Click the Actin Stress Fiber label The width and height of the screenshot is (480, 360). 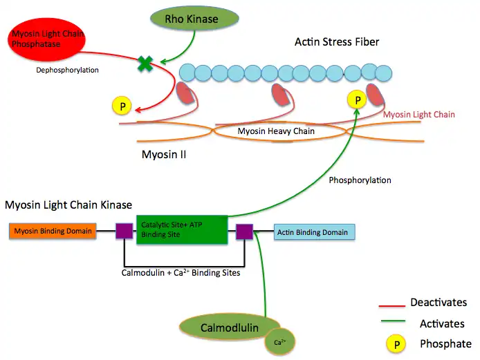[337, 43]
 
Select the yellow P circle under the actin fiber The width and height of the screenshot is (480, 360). [358, 100]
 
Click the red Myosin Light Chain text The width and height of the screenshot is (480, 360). [419, 115]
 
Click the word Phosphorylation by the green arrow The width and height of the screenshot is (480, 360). [360, 180]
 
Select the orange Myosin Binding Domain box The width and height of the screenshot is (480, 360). [53, 231]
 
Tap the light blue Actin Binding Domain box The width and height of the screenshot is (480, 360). [315, 232]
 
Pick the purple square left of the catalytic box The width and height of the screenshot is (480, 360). [124, 231]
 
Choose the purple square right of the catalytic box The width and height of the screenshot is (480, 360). [245, 231]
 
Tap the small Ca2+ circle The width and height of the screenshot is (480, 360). [279, 341]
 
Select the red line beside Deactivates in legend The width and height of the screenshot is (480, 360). [391, 305]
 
